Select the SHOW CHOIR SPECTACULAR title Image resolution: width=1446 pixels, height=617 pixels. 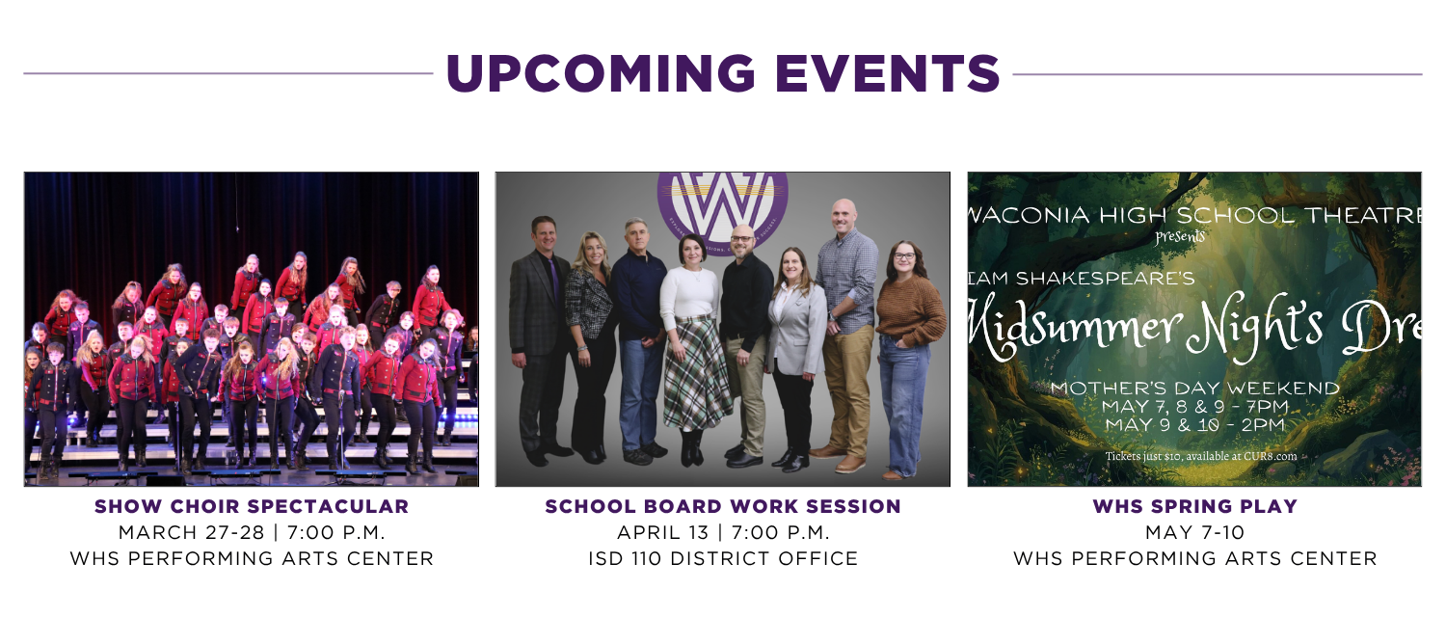pos(252,506)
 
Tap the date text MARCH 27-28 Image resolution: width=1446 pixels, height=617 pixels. pos(182,532)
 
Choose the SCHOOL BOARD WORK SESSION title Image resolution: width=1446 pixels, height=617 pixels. pos(723,506)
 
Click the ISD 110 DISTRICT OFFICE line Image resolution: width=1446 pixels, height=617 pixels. pos(723,558)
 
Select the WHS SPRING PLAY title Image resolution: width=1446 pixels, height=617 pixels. pos(1194,506)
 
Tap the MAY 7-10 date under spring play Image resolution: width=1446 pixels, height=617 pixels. pos(1194,532)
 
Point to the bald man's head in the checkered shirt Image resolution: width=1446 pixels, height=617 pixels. pos(844,214)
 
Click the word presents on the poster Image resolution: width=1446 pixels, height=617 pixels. pos(1180,235)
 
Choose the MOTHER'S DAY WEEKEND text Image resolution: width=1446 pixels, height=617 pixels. pos(1194,389)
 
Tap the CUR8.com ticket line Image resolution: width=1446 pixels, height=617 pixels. pos(1200,456)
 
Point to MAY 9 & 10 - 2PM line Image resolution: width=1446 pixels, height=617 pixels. pos(1194,424)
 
